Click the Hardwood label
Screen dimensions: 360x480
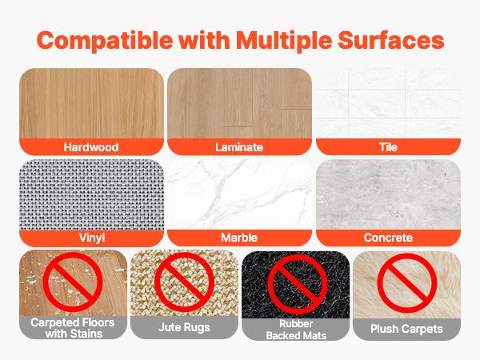point(90,147)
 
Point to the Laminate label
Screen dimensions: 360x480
point(239,147)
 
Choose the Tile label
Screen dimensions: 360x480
point(388,147)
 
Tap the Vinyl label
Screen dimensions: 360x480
point(90,238)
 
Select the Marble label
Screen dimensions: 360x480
point(239,238)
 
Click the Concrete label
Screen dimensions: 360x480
point(388,238)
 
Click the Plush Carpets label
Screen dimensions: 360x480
point(406,328)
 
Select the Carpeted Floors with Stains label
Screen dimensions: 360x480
point(73,329)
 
